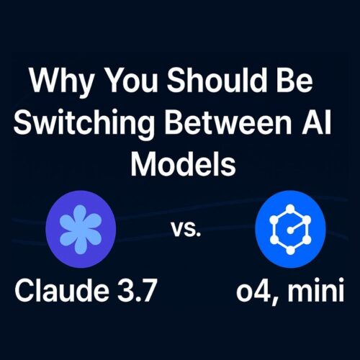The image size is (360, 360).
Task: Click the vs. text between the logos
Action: (186, 232)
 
